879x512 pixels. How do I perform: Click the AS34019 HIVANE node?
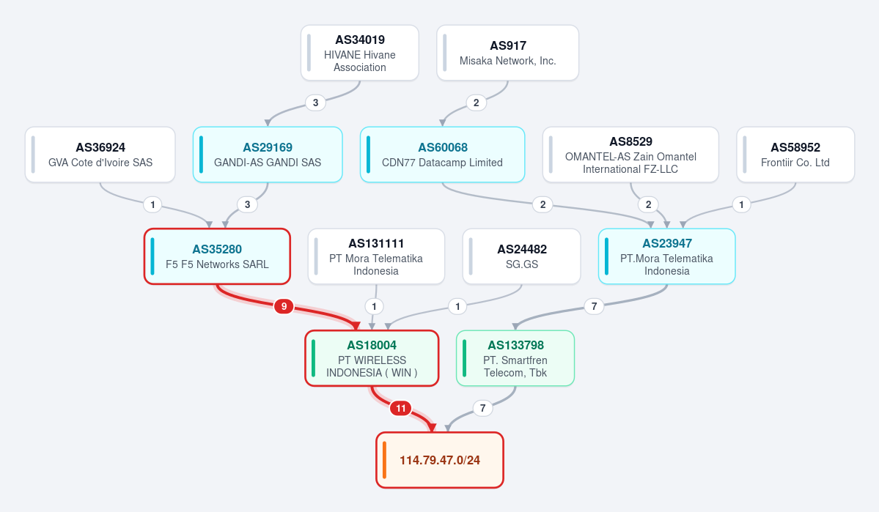tap(360, 53)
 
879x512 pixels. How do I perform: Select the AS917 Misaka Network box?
tap(508, 53)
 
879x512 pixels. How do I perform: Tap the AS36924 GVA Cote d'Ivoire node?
tap(100, 155)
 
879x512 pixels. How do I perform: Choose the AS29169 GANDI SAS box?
tap(268, 155)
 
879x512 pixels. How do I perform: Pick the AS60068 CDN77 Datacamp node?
tap(442, 155)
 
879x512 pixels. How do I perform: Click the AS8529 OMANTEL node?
tap(630, 155)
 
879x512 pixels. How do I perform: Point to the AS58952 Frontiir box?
tap(795, 155)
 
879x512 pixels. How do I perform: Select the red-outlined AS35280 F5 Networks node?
tap(217, 256)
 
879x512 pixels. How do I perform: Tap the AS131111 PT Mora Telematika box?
tap(376, 256)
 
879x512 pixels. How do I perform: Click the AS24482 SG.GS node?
tap(521, 256)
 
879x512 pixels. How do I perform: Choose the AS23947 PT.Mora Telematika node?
tap(666, 256)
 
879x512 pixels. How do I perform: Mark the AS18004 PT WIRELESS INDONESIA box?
tap(372, 358)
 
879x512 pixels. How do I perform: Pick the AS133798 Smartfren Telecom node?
tap(515, 358)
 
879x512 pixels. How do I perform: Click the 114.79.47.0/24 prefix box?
tap(440, 460)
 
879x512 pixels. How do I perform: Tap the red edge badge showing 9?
tap(284, 306)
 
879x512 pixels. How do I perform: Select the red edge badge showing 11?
tap(401, 409)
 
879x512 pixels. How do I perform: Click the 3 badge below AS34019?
tap(316, 103)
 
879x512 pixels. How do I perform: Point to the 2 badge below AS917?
tap(477, 103)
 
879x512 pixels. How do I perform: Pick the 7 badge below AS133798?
tap(482, 409)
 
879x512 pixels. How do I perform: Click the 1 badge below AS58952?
tap(742, 204)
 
